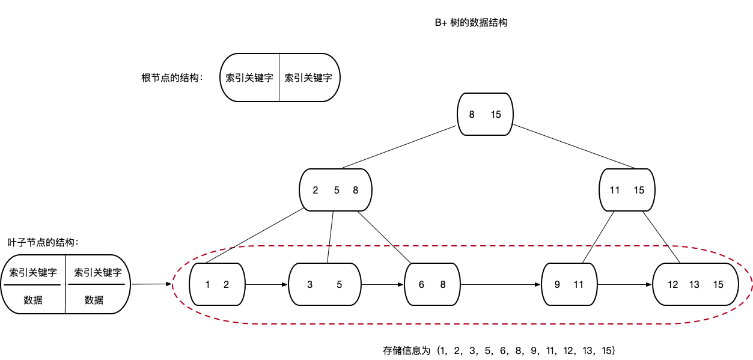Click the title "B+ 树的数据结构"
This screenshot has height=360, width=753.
coord(471,23)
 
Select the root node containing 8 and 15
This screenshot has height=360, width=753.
coord(484,114)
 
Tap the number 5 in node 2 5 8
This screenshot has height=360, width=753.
coord(337,191)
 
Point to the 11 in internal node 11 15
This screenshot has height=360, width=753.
coord(615,191)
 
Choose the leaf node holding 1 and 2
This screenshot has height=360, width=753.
coord(217,285)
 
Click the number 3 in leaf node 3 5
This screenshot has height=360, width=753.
coord(309,285)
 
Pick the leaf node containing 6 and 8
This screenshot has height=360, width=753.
coord(432,285)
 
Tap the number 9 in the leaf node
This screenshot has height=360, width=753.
coord(557,285)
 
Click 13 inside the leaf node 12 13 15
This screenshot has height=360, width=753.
coord(694,285)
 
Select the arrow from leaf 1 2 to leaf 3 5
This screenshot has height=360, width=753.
coord(267,285)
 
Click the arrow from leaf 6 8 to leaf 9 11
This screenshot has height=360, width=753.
coord(500,285)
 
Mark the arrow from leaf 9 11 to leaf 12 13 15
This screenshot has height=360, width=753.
coord(625,285)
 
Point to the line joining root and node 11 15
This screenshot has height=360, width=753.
coord(574,147)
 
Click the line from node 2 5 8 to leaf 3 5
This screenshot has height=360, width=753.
coord(330,237)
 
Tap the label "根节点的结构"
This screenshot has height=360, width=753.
coord(172,78)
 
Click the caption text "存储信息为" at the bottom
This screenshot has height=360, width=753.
coord(407,350)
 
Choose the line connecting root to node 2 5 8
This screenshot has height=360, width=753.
coord(399,147)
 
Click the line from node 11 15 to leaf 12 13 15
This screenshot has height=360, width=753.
coord(661,237)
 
